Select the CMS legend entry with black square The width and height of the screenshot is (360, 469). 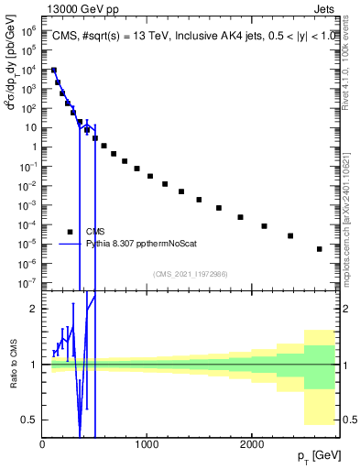[x=95, y=232]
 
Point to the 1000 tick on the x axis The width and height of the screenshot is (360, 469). [x=147, y=443]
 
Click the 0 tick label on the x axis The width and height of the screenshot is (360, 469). [x=42, y=443]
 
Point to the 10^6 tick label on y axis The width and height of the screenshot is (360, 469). [x=28, y=30]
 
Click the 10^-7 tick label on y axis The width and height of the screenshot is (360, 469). [x=28, y=282]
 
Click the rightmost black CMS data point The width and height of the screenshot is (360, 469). [x=320, y=249]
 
